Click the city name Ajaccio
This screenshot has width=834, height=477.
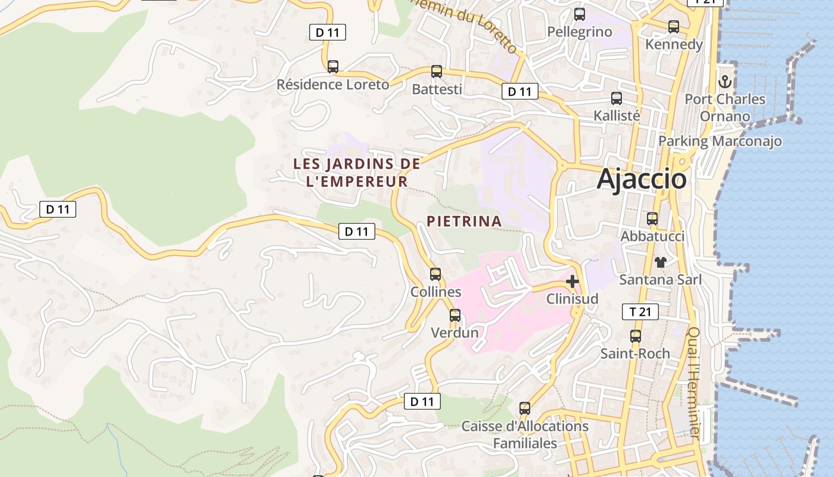pos(642,179)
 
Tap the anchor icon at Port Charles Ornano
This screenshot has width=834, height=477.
pos(725,82)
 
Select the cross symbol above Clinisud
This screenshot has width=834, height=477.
pos(572,281)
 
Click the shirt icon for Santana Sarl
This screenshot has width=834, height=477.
pos(660,262)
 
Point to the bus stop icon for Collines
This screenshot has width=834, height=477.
pos(435,274)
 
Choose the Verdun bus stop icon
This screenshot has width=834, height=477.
pos(455,315)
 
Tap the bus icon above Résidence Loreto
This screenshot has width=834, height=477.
pos(333,67)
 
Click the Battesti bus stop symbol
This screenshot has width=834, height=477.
pos(437,72)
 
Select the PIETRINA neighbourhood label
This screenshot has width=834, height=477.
pos(464,221)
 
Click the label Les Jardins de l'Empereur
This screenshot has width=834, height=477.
pos(357,172)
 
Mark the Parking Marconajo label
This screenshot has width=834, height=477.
pos(720,141)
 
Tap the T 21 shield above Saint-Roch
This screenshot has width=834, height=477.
pos(640,311)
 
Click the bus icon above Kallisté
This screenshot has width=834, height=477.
pos(617,98)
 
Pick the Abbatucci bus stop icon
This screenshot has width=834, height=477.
pos(652,219)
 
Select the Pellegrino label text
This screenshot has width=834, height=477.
pos(579,32)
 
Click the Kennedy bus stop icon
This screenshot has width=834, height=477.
pos(674,27)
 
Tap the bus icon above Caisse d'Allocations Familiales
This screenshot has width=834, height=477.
pos(525,408)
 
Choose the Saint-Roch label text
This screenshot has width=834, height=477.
pos(635,354)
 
